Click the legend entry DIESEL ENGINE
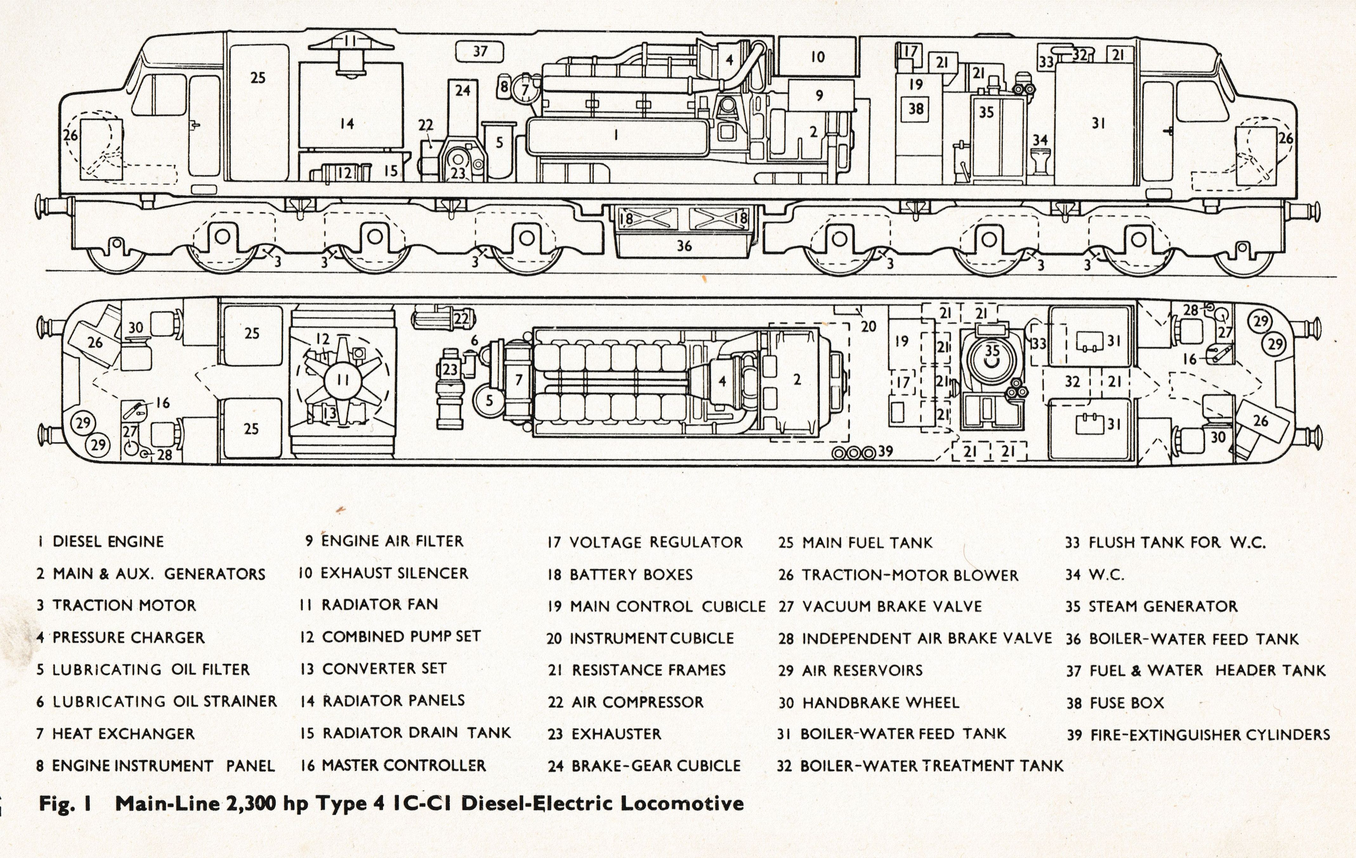tap(102, 542)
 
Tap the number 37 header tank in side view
tap(480, 52)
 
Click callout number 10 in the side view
tap(818, 56)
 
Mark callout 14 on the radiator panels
tap(347, 123)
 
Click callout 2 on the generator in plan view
tap(797, 380)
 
